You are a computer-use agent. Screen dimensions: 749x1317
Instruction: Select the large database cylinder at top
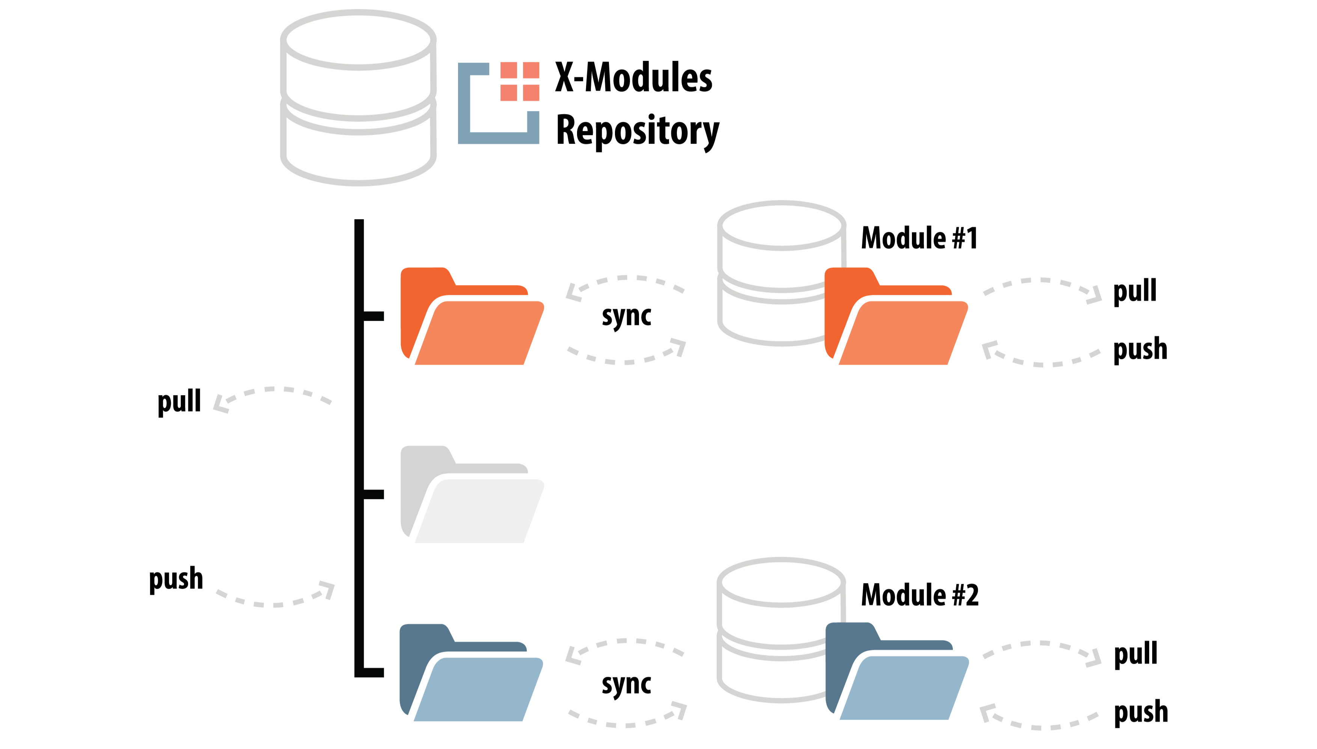[x=358, y=98]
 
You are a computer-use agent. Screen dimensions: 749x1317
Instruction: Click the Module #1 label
[x=919, y=238]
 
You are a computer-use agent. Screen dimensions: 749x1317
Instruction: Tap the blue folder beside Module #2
[x=897, y=672]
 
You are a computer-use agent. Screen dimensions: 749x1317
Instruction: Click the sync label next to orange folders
[x=626, y=315]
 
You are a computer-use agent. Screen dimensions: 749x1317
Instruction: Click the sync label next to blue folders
[x=626, y=684]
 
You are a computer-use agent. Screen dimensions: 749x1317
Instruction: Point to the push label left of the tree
[x=176, y=579]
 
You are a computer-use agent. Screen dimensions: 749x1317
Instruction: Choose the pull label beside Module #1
[x=1135, y=291]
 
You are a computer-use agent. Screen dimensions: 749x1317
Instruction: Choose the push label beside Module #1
[x=1140, y=349]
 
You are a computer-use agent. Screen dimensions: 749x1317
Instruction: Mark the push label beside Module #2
[x=1141, y=713]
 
